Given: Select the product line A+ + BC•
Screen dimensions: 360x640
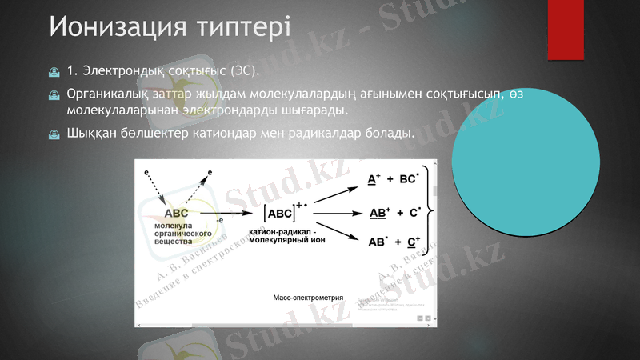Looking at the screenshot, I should click(x=392, y=180).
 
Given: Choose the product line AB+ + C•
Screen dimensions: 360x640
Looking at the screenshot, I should click(x=394, y=213).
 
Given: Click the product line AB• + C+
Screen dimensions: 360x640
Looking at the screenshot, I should click(x=394, y=242).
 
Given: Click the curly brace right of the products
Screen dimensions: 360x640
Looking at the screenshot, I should click(x=432, y=210).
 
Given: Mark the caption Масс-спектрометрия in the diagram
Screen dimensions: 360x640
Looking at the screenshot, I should click(x=308, y=298).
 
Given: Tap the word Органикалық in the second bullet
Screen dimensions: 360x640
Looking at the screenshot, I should click(x=103, y=94).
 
